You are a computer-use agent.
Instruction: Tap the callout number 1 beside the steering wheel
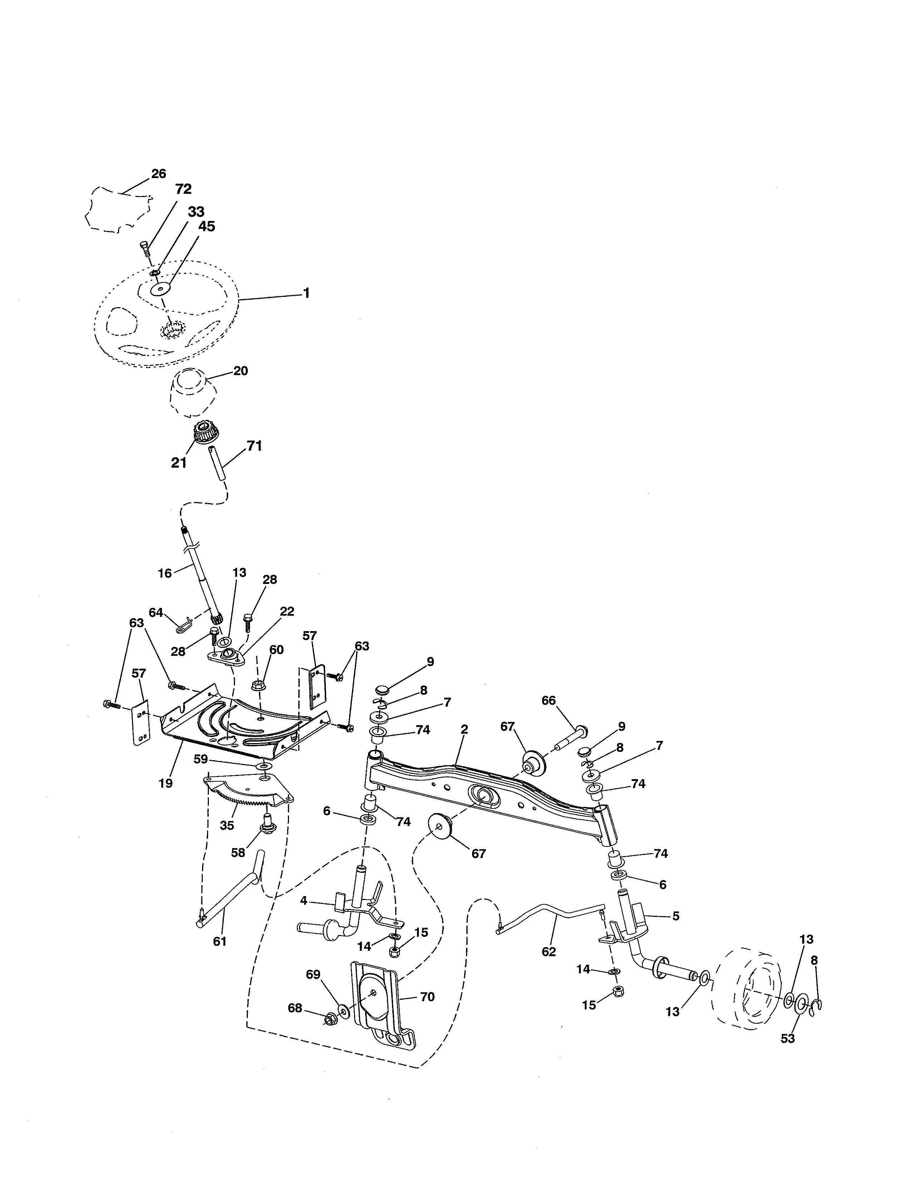pos(307,293)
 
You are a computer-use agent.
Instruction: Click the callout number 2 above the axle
pos(464,729)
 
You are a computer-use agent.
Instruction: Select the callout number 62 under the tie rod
pos(548,952)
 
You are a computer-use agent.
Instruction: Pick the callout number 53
pos(788,1038)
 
